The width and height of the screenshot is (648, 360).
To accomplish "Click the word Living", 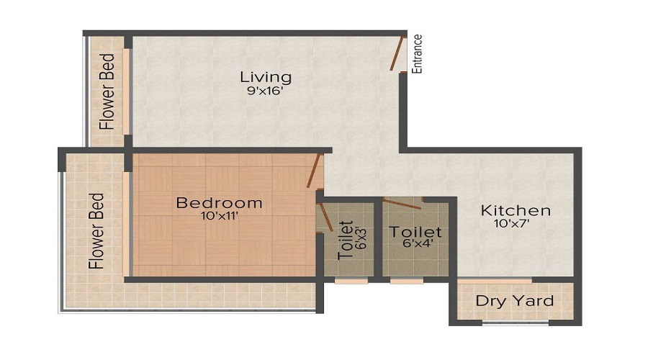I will point(266,76).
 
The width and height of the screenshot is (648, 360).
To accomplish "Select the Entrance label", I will point(417,54).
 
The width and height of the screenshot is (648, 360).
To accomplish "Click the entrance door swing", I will point(397,53).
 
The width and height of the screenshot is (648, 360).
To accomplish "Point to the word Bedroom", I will point(219,203).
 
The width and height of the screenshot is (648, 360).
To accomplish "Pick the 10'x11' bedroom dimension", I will point(219,216).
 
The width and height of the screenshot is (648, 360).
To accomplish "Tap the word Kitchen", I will point(516,211).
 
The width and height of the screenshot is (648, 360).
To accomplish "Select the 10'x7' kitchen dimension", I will point(516,224).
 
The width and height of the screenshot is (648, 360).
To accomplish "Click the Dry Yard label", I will point(515,301).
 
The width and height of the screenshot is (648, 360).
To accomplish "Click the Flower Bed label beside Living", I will point(107,91).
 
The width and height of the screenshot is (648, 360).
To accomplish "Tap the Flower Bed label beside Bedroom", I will point(96,230).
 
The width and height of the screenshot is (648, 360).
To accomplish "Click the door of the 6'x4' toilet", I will point(403,202).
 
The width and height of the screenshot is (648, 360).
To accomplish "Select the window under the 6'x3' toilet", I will point(351,281).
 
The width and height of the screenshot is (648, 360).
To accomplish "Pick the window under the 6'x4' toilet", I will point(407,281).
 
